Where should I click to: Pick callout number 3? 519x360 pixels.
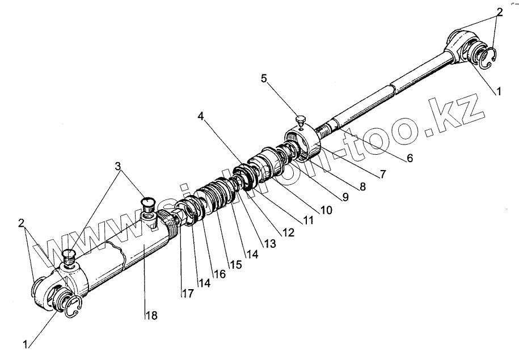click(117, 166)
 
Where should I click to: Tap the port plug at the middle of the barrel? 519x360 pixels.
click(147, 204)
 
